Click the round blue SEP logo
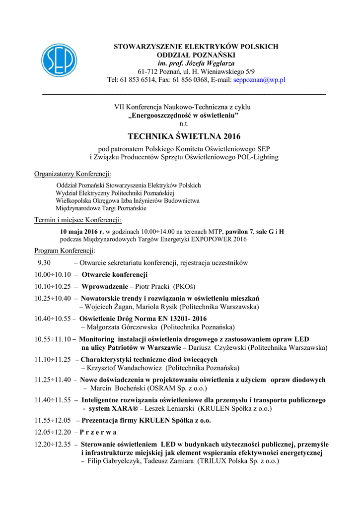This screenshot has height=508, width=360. (59, 61)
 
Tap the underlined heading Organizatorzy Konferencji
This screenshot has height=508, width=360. (72, 174)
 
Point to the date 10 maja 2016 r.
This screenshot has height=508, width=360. (82, 232)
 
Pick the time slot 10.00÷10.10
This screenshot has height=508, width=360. (53, 274)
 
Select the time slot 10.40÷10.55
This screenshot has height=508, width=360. (53, 318)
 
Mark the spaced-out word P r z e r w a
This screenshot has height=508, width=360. (98, 432)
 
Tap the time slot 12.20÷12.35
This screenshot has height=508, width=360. (53, 444)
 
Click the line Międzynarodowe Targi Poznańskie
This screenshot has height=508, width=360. (101, 208)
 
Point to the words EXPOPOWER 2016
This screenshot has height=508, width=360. (219, 239)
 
